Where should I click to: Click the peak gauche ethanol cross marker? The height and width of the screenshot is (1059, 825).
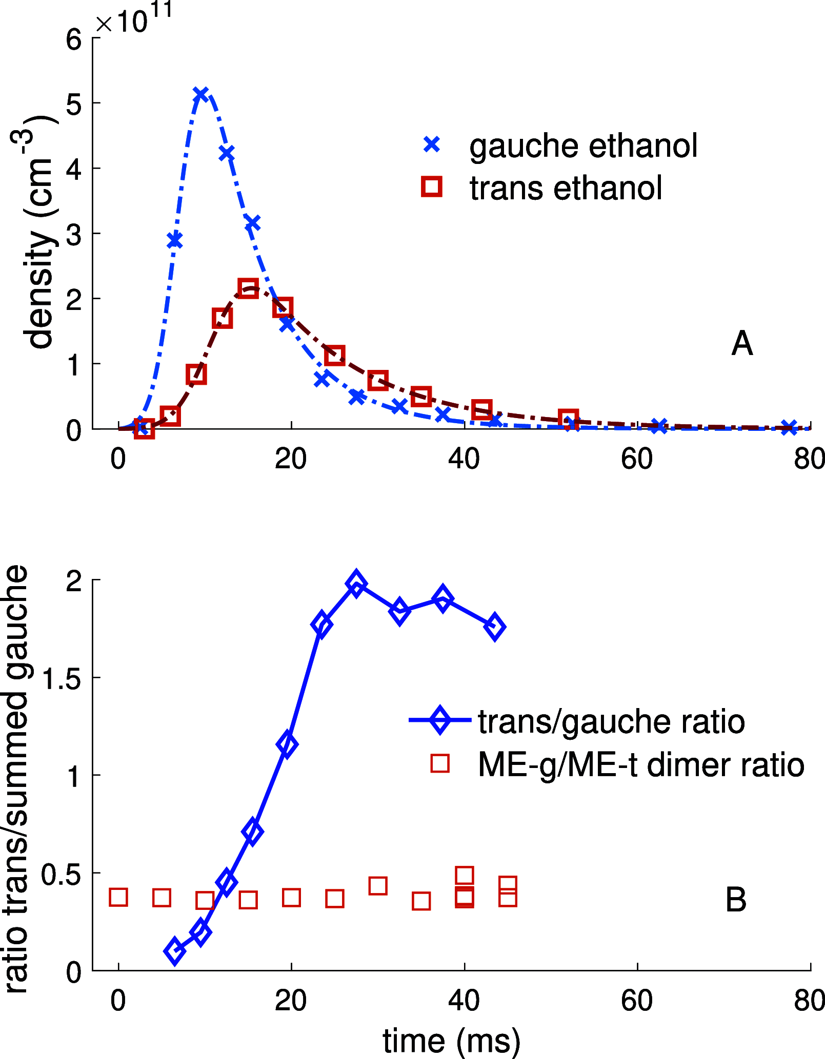(x=200, y=94)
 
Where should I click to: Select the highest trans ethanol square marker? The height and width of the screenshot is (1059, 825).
(x=248, y=288)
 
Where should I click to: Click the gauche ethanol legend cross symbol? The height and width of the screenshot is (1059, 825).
(x=432, y=144)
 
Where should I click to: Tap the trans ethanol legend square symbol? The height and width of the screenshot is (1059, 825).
(x=432, y=186)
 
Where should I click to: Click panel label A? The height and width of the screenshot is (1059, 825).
(x=741, y=343)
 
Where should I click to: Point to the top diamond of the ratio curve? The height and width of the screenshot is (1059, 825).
(x=356, y=584)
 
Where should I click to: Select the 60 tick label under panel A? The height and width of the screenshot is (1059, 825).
(x=636, y=459)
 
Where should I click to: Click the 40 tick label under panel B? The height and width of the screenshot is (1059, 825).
(x=464, y=1001)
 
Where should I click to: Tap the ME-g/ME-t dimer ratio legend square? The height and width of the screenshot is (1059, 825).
(x=440, y=763)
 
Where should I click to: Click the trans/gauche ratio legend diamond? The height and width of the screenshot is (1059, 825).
(x=440, y=720)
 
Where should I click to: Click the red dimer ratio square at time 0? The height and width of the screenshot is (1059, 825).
(x=118, y=897)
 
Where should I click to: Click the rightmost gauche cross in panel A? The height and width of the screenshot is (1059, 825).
(x=790, y=427)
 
